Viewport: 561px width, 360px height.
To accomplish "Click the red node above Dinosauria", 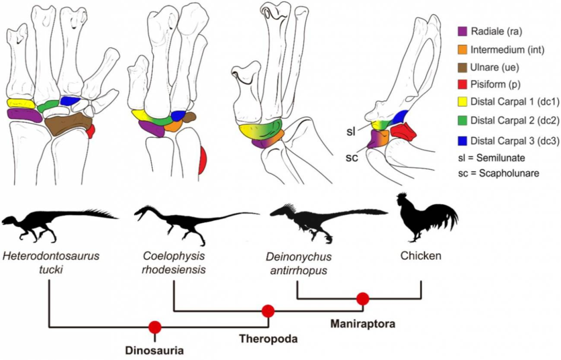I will (155, 328).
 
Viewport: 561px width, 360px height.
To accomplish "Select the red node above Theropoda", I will (268, 311).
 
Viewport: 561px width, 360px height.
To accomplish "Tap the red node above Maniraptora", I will (362, 299).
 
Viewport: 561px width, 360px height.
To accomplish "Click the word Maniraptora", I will (363, 323).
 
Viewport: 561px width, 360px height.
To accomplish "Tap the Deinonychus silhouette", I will (323, 220).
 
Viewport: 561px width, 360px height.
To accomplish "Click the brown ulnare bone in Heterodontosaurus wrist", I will (67, 125).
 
